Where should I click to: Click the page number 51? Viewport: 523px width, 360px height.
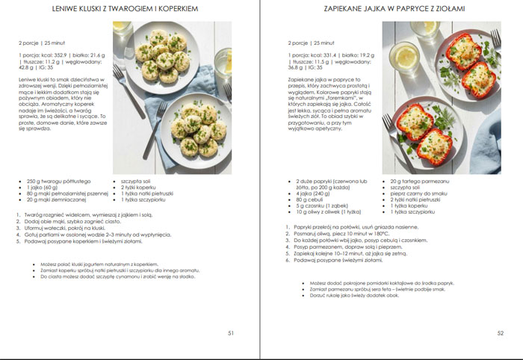click(231, 333)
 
